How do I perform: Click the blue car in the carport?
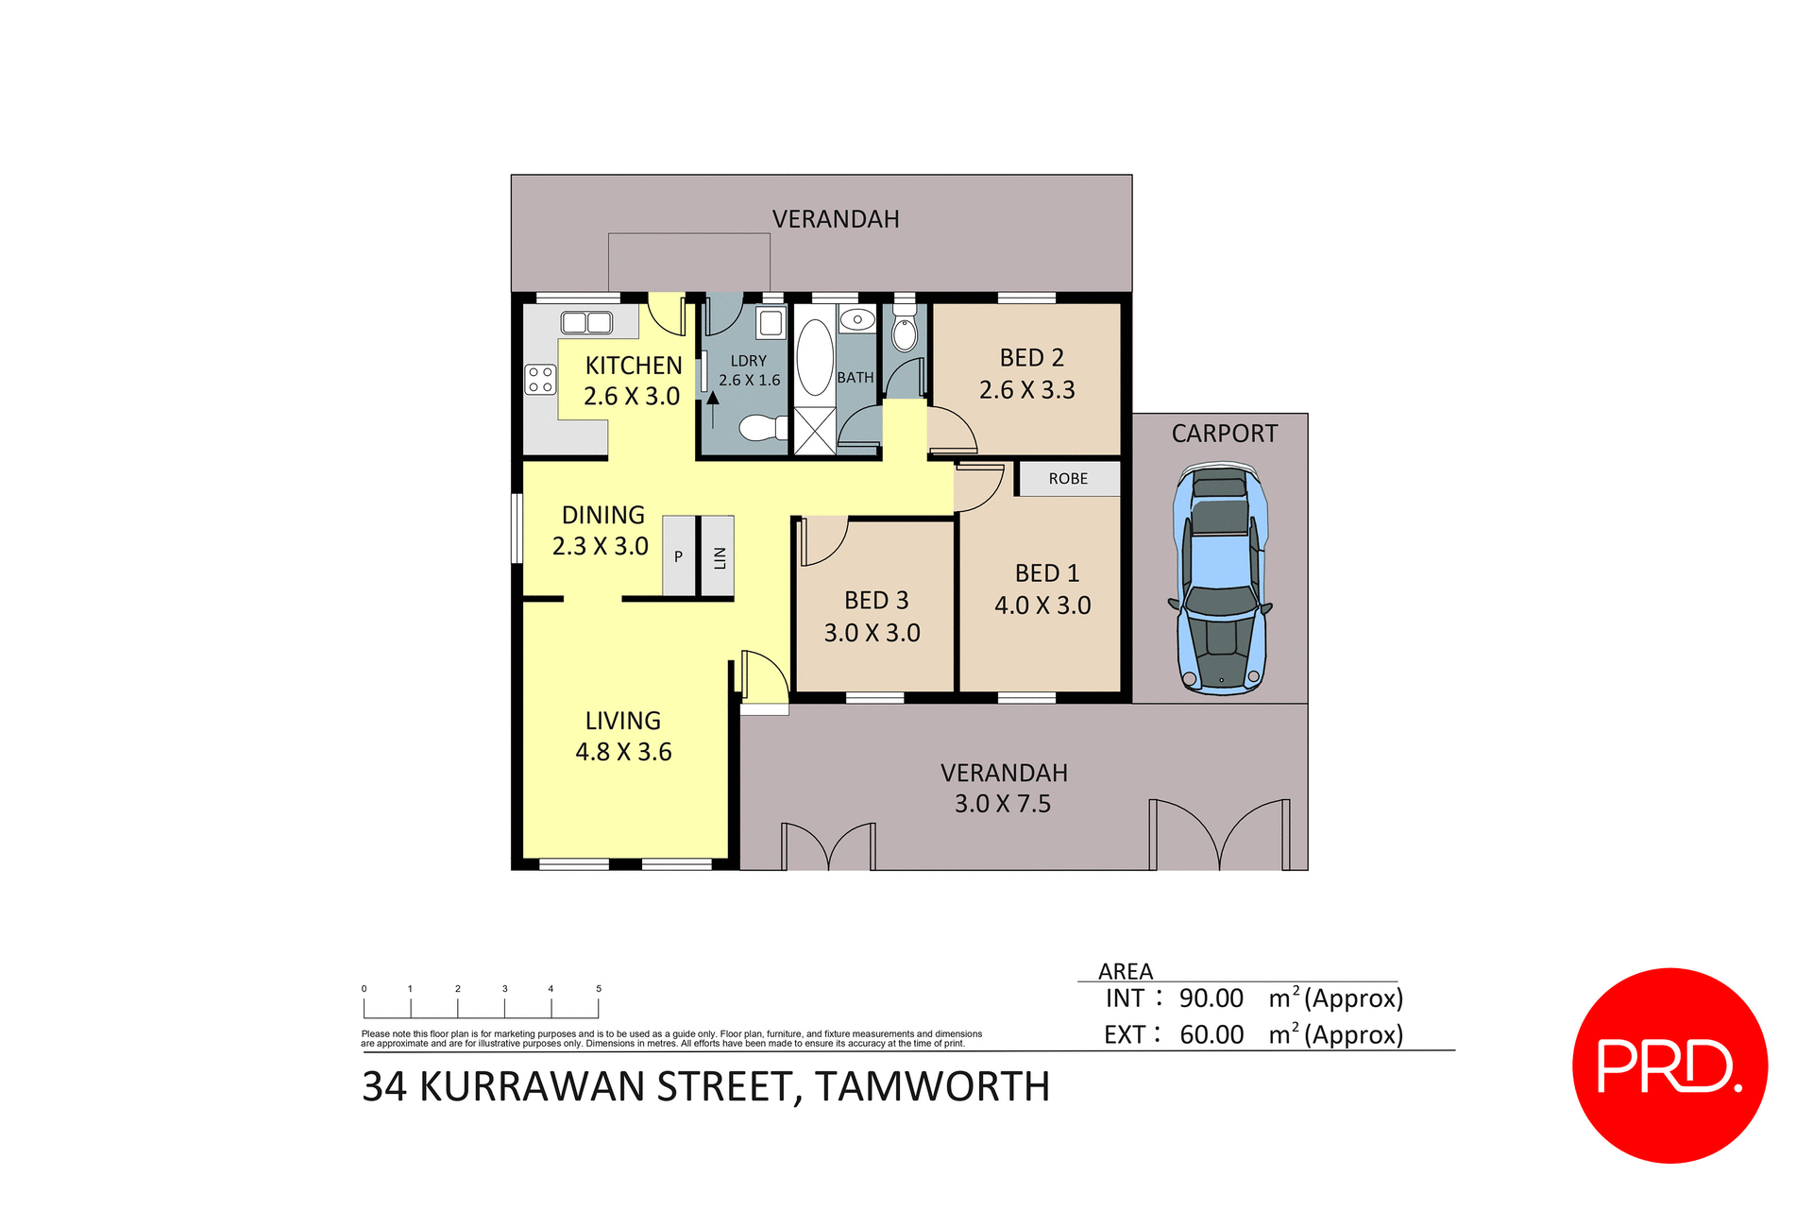(x=1221, y=579)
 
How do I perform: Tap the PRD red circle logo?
(x=1669, y=1066)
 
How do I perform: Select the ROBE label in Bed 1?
(x=1068, y=479)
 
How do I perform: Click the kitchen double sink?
(x=586, y=323)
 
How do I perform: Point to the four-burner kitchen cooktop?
(x=541, y=380)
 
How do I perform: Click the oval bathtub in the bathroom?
(x=814, y=357)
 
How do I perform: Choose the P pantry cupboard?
(x=678, y=557)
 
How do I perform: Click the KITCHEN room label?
(x=633, y=366)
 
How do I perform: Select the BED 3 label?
(x=875, y=601)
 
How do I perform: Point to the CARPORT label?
(x=1224, y=434)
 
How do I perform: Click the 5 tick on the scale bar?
(x=599, y=989)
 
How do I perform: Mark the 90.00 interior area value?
(x=1211, y=998)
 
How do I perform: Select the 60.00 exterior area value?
(x=1211, y=1035)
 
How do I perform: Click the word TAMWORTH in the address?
(x=932, y=1087)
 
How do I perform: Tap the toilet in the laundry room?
(x=762, y=428)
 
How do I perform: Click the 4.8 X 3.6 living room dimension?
(x=623, y=752)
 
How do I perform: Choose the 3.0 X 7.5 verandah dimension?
(x=1002, y=804)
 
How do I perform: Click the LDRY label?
(x=748, y=361)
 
